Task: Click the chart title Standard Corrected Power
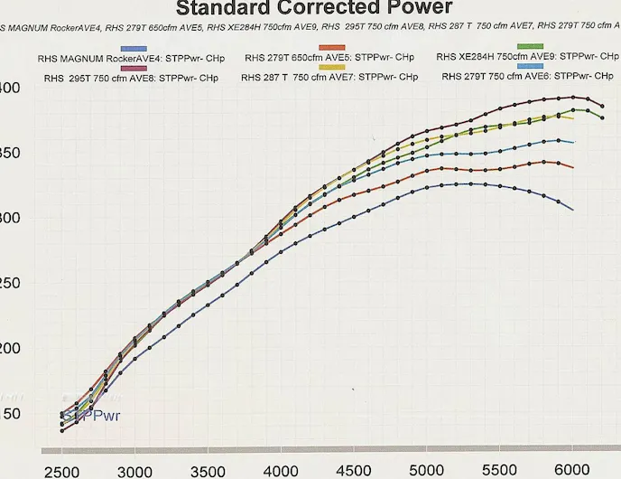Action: pyautogui.click(x=313, y=8)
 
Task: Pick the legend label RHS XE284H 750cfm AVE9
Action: pyautogui.click(x=527, y=57)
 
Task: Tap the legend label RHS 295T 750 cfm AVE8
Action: pyautogui.click(x=131, y=78)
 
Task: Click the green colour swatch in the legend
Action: pyautogui.click(x=530, y=46)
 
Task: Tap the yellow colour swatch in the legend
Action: pyautogui.click(x=333, y=68)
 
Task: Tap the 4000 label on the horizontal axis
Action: pyautogui.click(x=282, y=471)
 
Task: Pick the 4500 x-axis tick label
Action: pyautogui.click(x=354, y=471)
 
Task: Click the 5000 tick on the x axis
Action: pyautogui.click(x=426, y=471)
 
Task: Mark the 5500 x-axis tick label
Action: pyautogui.click(x=499, y=471)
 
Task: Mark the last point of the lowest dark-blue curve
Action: pyautogui.click(x=572, y=210)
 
